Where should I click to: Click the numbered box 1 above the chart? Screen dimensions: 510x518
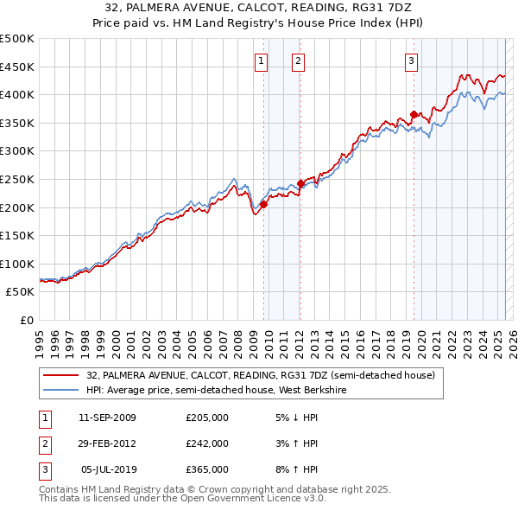[262, 61]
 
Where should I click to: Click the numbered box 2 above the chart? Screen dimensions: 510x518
[298, 61]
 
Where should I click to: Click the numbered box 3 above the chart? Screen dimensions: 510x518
[411, 61]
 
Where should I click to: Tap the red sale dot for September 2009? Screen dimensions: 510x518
[263, 204]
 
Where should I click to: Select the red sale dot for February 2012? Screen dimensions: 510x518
[300, 183]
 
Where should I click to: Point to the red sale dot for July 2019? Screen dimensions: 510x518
[414, 114]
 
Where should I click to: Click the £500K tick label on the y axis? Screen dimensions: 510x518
[17, 39]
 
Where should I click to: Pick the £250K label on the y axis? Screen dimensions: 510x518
[17, 179]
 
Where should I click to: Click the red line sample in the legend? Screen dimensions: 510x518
[60, 375]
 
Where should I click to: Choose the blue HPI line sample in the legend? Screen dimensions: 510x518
[60, 390]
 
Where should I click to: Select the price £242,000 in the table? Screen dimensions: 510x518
[207, 443]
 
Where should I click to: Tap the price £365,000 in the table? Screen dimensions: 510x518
[207, 469]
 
